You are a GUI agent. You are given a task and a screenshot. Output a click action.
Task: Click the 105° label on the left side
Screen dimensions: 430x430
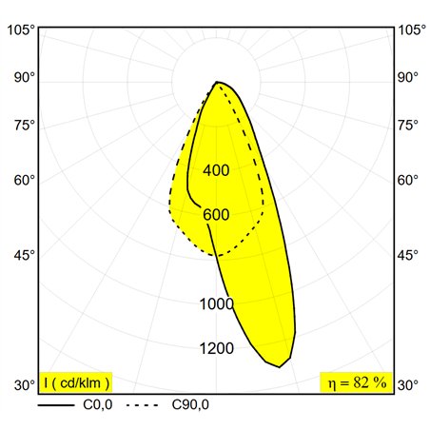tap(21, 30)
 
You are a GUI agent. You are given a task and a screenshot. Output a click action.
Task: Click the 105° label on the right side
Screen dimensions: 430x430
tap(412, 30)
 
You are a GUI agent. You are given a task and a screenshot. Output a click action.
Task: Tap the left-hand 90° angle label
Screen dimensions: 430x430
tap(25, 78)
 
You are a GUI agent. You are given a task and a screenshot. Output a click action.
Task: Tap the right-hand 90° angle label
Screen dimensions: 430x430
tap(408, 78)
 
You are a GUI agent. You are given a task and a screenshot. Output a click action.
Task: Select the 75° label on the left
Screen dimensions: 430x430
tap(25, 126)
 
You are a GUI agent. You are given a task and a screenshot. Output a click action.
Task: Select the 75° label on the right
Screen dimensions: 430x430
tap(408, 126)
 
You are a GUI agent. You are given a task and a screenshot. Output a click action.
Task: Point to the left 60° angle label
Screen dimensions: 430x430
tap(25, 181)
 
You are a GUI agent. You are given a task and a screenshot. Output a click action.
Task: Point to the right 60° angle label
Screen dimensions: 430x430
tap(408, 181)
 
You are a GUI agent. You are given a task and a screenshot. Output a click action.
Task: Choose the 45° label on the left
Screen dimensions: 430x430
tap(25, 255)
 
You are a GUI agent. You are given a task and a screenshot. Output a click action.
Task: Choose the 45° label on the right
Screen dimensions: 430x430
tap(408, 255)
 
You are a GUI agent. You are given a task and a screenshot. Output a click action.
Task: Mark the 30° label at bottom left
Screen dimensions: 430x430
tap(25, 385)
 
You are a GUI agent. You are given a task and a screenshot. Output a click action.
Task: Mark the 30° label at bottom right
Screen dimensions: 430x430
tap(408, 385)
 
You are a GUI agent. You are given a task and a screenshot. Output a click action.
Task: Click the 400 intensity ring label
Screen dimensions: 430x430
tap(216, 170)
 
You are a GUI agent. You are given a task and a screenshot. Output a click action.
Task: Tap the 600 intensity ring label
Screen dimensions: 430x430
tap(216, 215)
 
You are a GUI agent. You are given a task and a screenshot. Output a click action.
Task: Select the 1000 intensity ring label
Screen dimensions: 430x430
tap(217, 304)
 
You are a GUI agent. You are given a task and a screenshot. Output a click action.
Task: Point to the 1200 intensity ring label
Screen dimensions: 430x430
tap(217, 348)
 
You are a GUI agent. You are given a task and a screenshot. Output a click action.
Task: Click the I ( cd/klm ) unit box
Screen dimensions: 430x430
tap(76, 382)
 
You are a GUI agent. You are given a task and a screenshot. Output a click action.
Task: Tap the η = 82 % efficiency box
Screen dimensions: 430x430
tap(357, 382)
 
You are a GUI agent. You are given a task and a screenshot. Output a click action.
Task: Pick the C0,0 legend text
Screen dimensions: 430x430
tap(98, 405)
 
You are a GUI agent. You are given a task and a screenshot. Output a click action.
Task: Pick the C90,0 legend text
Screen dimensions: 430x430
tap(190, 405)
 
